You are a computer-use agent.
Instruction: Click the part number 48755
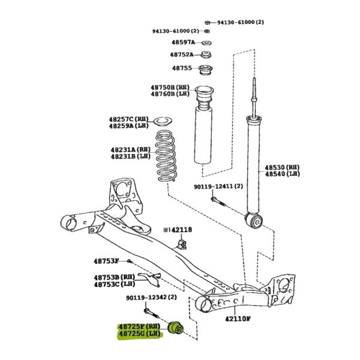click(x=182, y=68)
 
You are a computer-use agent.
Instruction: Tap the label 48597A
click(x=183, y=42)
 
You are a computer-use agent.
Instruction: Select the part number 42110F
click(x=238, y=319)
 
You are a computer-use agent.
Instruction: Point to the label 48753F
click(x=106, y=261)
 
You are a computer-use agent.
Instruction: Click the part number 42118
click(x=182, y=230)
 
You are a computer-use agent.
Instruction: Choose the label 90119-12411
click(x=212, y=187)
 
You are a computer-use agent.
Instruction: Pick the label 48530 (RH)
click(x=283, y=167)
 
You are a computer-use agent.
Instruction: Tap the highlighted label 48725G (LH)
click(x=140, y=334)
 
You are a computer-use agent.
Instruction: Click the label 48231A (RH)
click(x=130, y=149)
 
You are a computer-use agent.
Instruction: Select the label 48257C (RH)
click(x=129, y=119)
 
